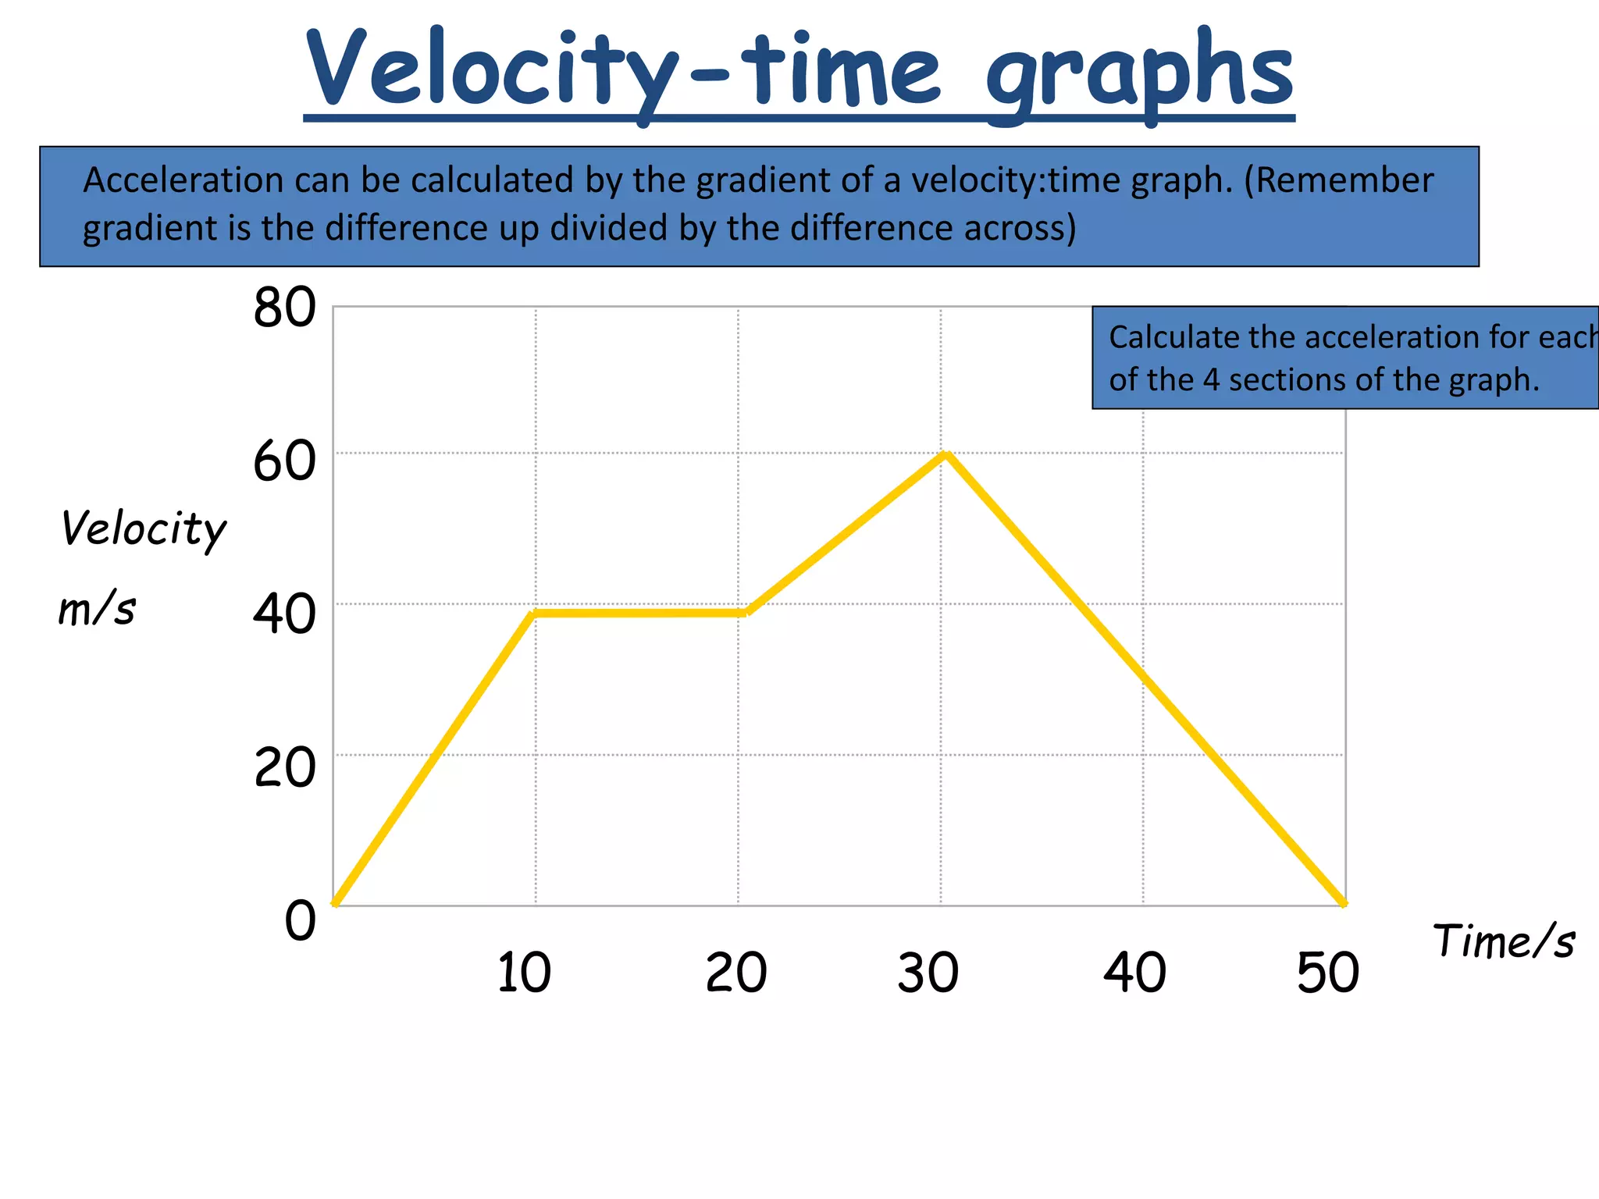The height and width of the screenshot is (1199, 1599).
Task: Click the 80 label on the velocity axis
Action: [284, 308]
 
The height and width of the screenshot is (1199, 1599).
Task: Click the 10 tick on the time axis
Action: [524, 973]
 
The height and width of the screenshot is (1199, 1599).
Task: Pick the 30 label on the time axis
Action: [928, 973]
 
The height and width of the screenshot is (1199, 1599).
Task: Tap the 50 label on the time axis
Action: [1327, 973]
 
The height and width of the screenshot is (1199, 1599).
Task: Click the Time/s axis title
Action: [1503, 941]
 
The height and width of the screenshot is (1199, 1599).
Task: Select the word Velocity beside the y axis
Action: [144, 529]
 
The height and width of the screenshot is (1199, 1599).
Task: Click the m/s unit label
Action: [97, 609]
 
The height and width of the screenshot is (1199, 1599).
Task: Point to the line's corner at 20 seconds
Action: [745, 613]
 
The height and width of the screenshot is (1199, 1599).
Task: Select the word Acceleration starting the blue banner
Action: [183, 180]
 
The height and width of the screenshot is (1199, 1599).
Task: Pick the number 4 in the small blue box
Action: [1210, 380]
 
